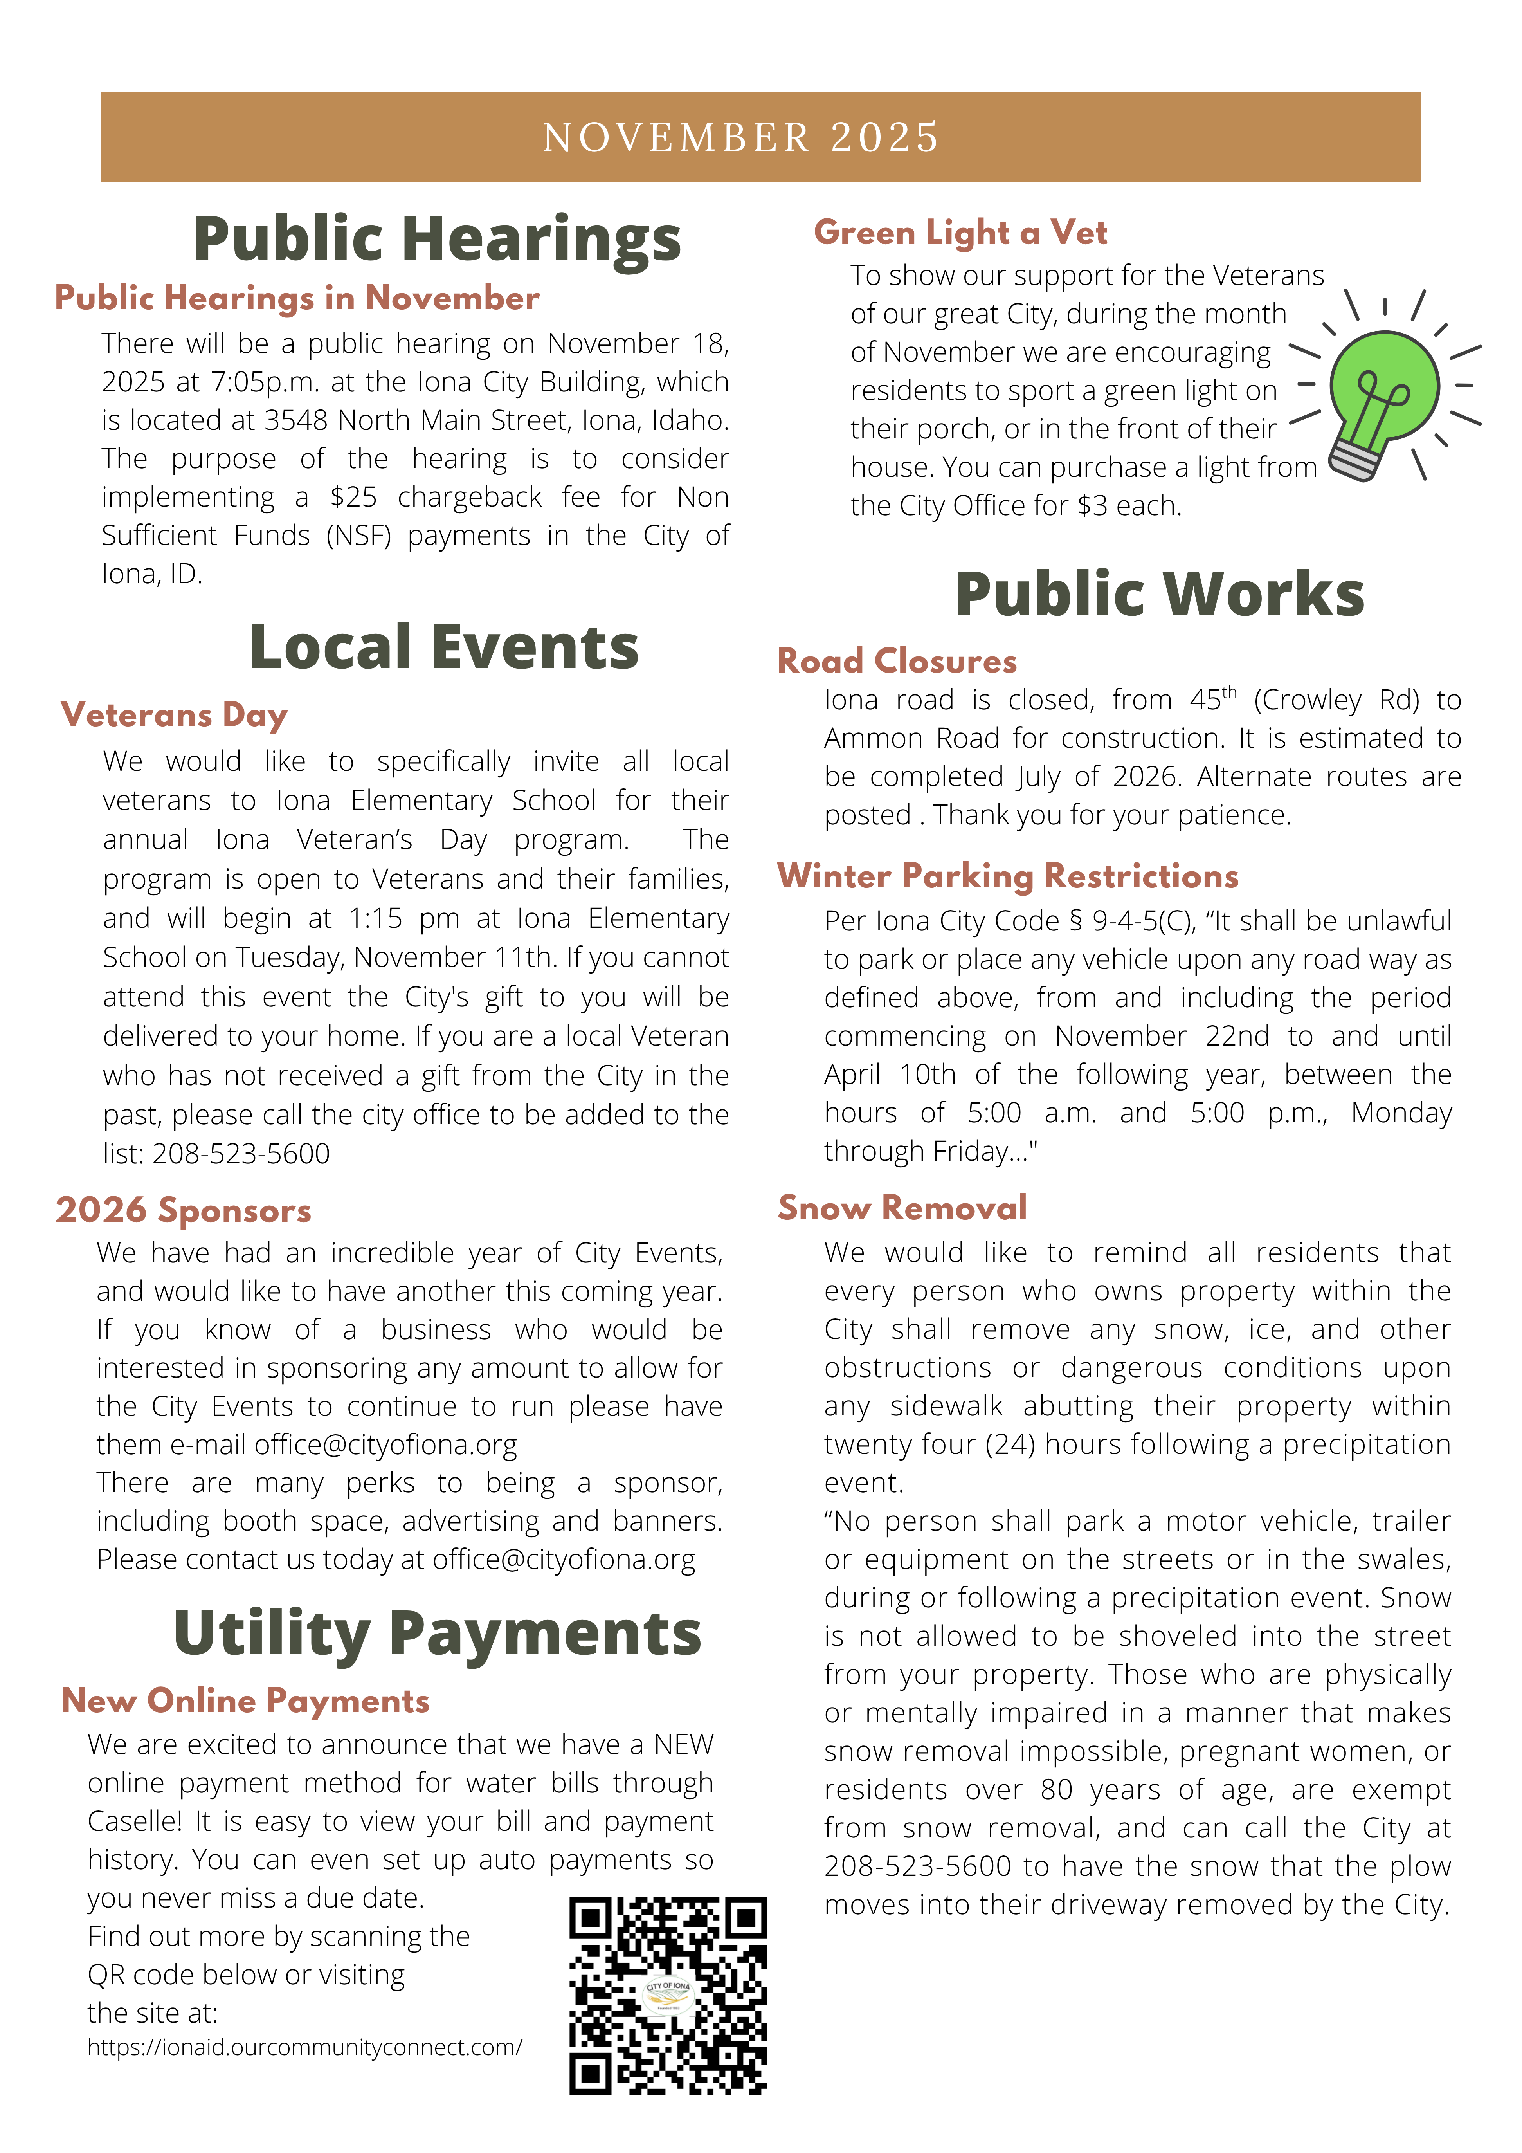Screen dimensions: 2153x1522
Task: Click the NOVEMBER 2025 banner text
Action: [x=741, y=138]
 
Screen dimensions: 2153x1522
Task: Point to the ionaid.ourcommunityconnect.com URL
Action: [x=305, y=2046]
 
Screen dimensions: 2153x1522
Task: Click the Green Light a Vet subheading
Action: [x=960, y=233]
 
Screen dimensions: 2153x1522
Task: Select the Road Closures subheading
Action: [x=897, y=661]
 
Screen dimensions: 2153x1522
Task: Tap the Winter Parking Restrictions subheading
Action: [x=1007, y=876]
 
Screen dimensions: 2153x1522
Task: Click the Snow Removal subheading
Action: [x=902, y=1208]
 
